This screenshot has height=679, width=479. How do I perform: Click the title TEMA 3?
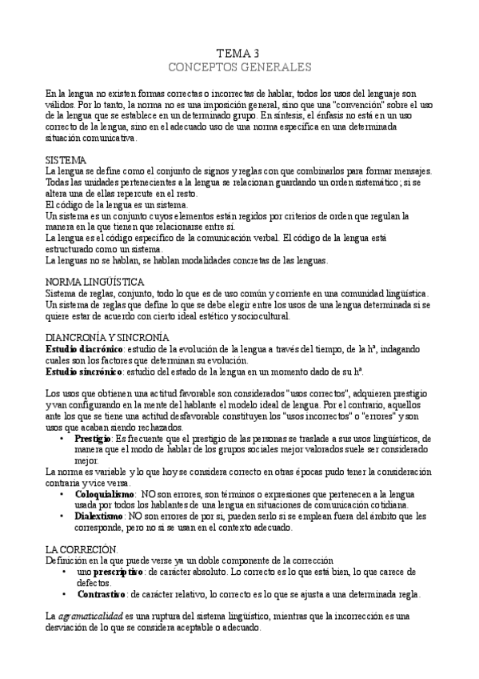[239, 51]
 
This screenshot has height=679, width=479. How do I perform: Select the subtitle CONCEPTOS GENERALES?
[239, 65]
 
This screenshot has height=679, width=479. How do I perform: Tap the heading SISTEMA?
[66, 160]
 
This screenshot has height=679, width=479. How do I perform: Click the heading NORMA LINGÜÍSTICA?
[94, 283]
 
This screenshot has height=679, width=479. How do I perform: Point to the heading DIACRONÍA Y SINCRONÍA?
[107, 338]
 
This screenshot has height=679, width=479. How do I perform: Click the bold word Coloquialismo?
[105, 495]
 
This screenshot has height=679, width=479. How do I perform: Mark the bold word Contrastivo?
[102, 594]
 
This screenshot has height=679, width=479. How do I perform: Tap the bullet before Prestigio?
[64, 439]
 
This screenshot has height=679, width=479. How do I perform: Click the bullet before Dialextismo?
[64, 517]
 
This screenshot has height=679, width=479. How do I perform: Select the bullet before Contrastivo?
[64, 594]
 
